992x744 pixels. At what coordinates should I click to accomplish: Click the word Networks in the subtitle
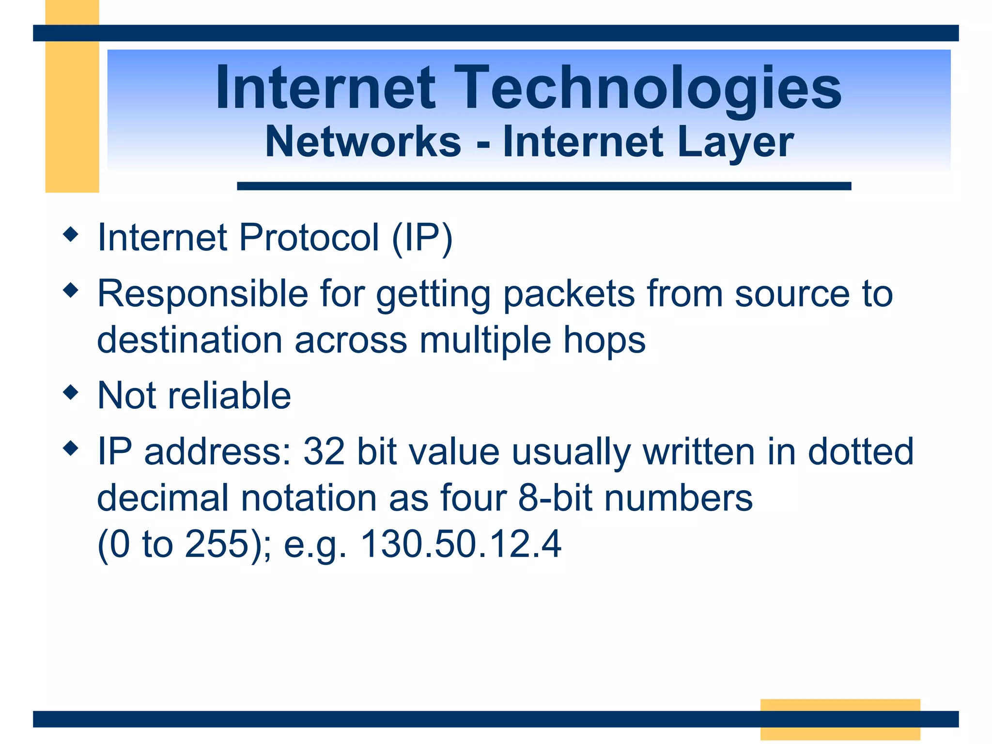tap(363, 141)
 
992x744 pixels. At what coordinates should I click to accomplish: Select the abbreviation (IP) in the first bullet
tap(422, 237)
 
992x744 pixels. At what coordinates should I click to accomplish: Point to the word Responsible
tap(203, 294)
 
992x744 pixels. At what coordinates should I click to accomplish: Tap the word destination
tap(189, 340)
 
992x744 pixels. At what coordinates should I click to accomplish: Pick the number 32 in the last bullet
tap(324, 451)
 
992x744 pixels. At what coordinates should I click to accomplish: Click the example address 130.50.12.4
tap(461, 544)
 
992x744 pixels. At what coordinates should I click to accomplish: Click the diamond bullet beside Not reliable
tap(71, 392)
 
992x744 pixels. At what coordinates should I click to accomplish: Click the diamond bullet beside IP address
tap(71, 448)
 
